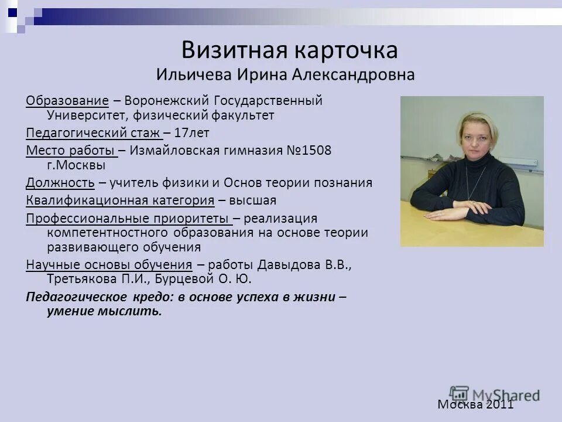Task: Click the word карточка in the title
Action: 350,50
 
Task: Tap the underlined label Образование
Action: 67,100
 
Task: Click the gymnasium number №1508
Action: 309,150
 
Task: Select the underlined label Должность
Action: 60,182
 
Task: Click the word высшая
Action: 252,200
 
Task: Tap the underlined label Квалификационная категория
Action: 120,200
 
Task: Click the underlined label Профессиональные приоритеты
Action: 129,218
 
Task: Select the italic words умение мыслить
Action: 104,311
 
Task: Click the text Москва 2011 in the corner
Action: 475,404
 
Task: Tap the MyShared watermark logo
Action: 495,394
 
